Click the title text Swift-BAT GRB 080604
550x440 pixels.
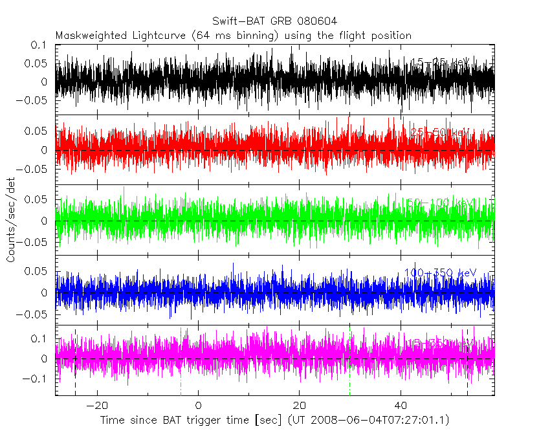(274, 21)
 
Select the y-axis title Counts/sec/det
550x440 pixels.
(11, 220)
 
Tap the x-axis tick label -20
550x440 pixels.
(96, 405)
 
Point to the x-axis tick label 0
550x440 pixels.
(199, 405)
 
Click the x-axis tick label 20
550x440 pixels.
(300, 405)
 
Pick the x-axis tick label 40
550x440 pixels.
(401, 405)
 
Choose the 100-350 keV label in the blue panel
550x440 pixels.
(440, 272)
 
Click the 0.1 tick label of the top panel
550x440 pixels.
(40, 45)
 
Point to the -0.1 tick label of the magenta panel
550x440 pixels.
(36, 379)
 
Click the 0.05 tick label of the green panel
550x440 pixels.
(38, 199)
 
